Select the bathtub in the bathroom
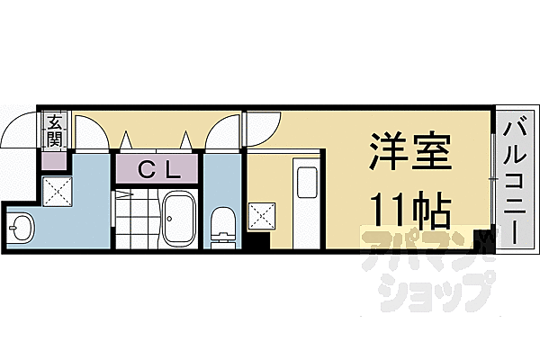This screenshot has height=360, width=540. coord(178,219)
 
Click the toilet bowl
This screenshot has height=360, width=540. coord(220,224)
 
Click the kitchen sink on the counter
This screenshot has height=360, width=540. coord(305,184)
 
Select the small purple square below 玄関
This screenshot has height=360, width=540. coord(55,161)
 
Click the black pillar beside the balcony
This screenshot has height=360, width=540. coord(489,238)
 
